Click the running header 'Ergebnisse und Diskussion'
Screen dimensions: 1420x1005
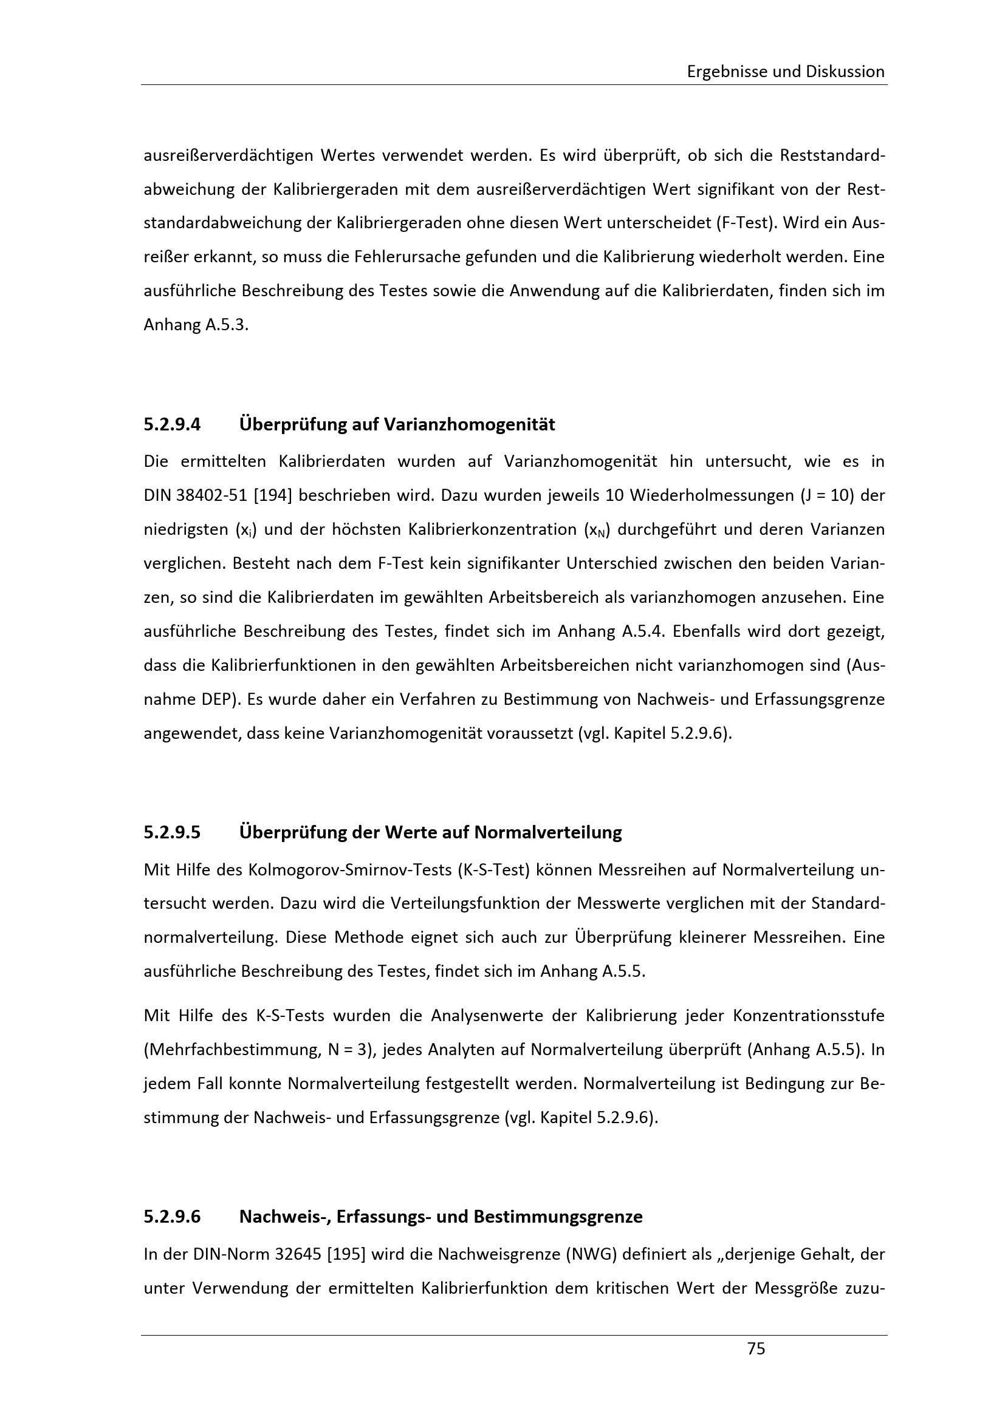tap(785, 72)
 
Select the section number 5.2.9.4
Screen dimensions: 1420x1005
tap(172, 425)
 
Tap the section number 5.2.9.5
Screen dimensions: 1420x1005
tap(172, 832)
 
